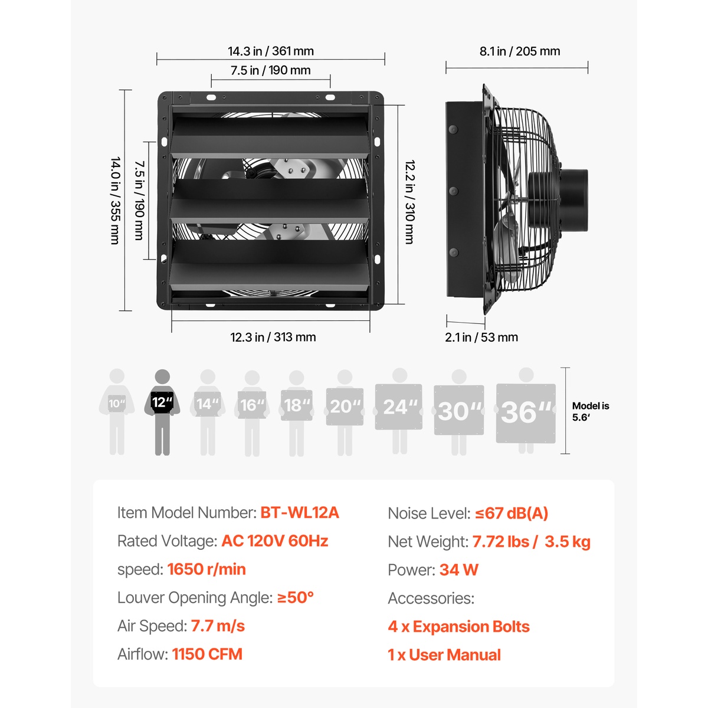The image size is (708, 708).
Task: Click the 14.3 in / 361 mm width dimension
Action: tap(271, 51)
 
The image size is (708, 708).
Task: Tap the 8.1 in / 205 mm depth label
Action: tap(520, 51)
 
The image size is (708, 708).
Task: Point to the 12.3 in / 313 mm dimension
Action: tap(273, 337)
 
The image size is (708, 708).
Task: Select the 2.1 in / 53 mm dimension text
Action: tap(481, 337)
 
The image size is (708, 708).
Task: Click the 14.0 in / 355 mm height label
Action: tap(116, 201)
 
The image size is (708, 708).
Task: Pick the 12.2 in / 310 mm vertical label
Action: tap(409, 202)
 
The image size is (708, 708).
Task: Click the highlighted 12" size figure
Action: tap(162, 412)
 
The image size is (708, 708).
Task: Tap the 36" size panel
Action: tap(526, 414)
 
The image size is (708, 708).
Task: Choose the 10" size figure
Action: tap(117, 412)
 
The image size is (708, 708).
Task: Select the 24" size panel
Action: tap(399, 407)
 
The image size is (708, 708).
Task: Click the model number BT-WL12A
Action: tap(300, 513)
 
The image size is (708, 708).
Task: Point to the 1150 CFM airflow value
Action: tap(207, 654)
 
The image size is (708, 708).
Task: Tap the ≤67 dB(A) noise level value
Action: tap(512, 513)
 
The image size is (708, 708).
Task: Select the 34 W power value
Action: tap(459, 570)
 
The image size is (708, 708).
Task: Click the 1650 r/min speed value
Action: tap(206, 569)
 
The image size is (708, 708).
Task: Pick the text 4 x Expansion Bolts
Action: tap(459, 627)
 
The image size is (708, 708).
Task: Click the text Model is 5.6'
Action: tap(591, 411)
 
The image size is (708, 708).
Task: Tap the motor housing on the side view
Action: tap(559, 200)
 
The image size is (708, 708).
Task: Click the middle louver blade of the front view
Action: tap(270, 201)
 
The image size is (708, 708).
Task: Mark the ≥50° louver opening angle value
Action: tap(296, 598)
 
